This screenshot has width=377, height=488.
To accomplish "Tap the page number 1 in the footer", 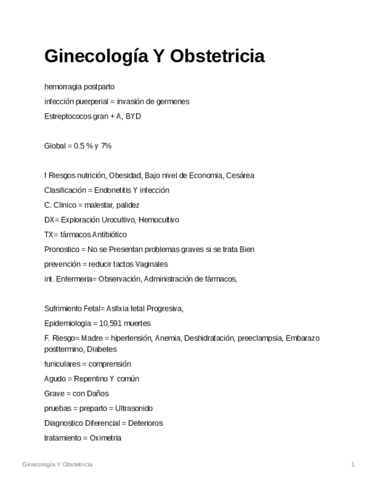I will point(353,464).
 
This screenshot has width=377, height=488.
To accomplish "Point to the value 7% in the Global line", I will point(106,146).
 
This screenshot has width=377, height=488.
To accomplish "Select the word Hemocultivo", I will point(158,220).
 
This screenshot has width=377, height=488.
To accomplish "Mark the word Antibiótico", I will point(109,235).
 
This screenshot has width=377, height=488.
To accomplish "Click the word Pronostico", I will point(62,250).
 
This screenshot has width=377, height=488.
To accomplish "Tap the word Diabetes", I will point(104,349).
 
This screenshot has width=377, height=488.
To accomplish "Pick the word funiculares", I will point(63,364).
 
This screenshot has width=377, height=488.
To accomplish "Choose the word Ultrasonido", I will point(134,409).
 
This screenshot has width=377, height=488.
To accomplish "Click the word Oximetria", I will point(105,438).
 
